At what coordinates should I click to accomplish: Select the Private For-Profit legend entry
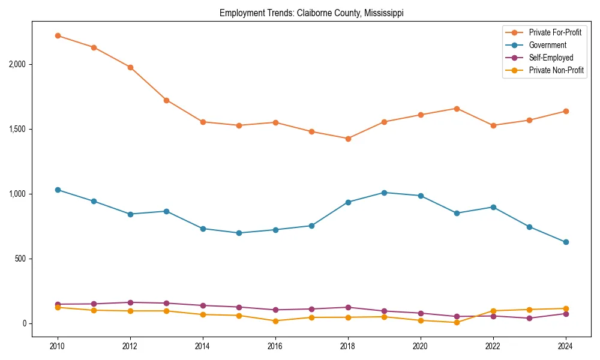555,32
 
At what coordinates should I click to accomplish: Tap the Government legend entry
547,45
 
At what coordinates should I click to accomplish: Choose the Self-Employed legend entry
551,58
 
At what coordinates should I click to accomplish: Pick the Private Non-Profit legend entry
556,70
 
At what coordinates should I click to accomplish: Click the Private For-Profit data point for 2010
58,35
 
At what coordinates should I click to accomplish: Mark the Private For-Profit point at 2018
348,139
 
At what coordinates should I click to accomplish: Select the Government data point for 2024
566,242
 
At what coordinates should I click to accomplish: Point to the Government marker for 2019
384,193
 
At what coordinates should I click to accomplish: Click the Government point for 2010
58,190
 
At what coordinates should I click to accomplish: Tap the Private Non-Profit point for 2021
457,322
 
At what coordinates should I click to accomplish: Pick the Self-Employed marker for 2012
130,302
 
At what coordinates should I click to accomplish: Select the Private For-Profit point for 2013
166,100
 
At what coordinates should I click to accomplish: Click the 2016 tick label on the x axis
275,347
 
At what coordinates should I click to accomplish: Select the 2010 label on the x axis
58,347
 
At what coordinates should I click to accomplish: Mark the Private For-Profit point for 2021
457,109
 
